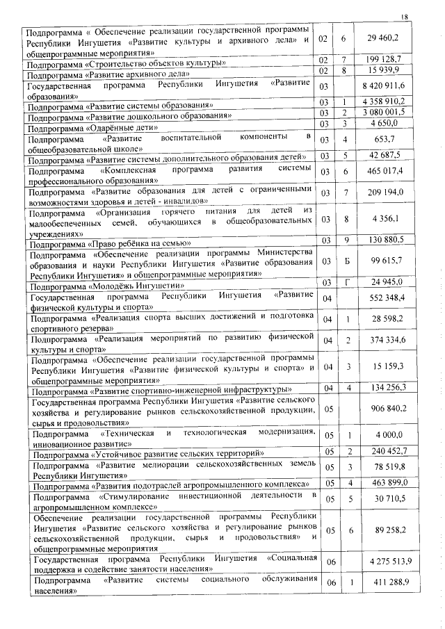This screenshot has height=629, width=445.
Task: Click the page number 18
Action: pos(406,17)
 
